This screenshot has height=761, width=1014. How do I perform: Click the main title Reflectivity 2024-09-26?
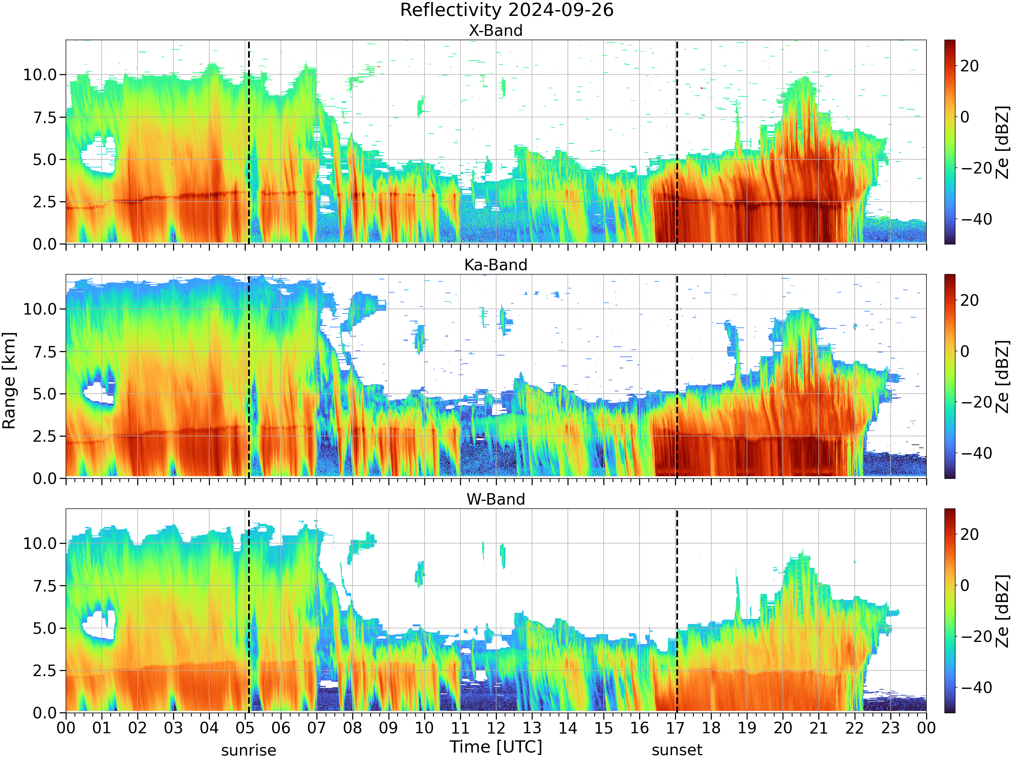507,10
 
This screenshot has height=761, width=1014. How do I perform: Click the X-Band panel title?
496,31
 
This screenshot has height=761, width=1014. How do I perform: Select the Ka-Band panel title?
496,265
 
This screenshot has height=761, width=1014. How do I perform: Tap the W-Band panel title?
496,500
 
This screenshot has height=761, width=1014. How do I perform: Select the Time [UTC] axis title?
496,747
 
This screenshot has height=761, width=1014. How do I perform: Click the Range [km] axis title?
9,381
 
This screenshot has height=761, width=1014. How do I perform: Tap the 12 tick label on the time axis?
496,728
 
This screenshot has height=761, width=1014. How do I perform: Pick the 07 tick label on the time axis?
317,728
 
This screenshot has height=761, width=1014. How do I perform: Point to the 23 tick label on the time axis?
890,728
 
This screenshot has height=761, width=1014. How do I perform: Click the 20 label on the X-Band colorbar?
969,66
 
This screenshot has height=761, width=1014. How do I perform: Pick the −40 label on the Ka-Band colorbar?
976,453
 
